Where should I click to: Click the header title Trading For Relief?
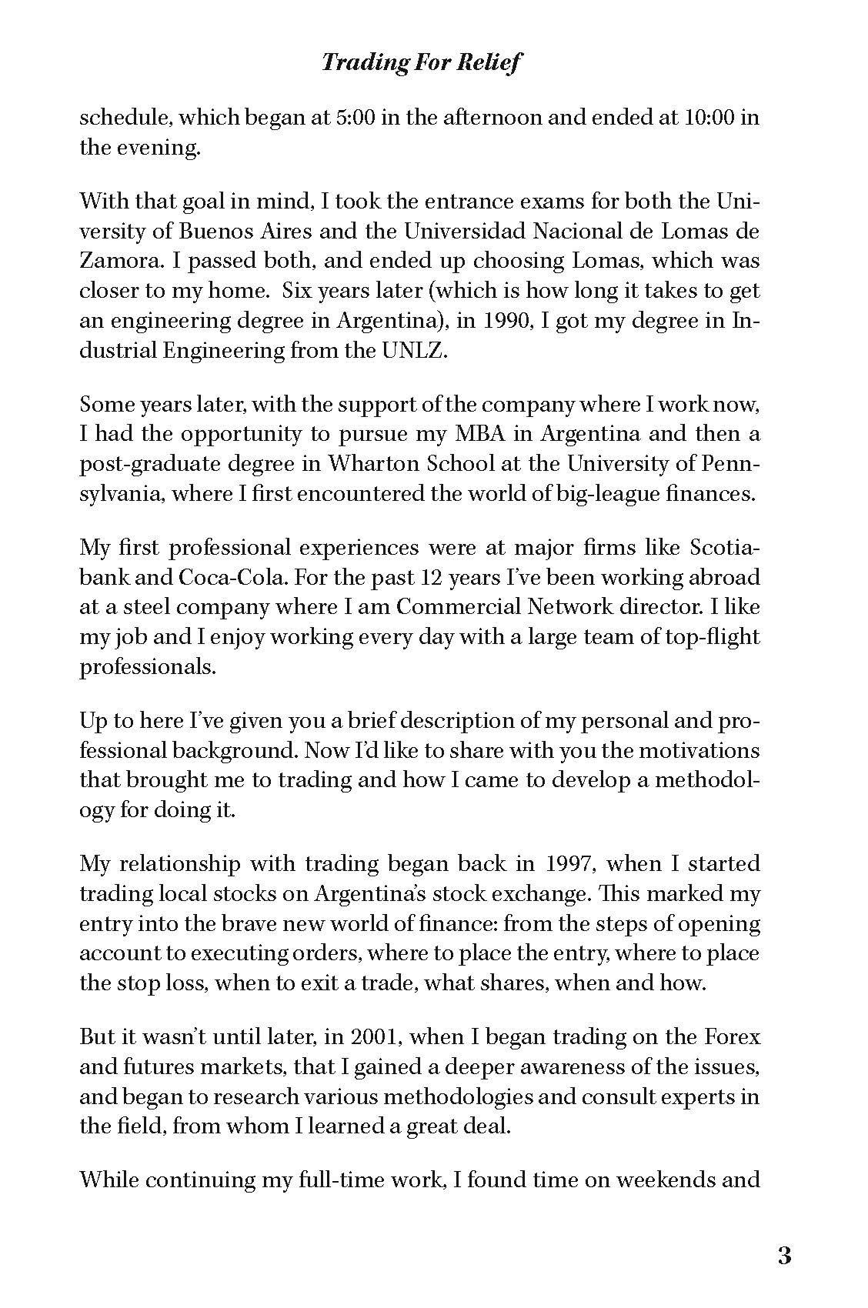coord(421,62)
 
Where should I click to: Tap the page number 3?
coord(784,1256)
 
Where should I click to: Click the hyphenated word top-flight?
coord(709,637)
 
